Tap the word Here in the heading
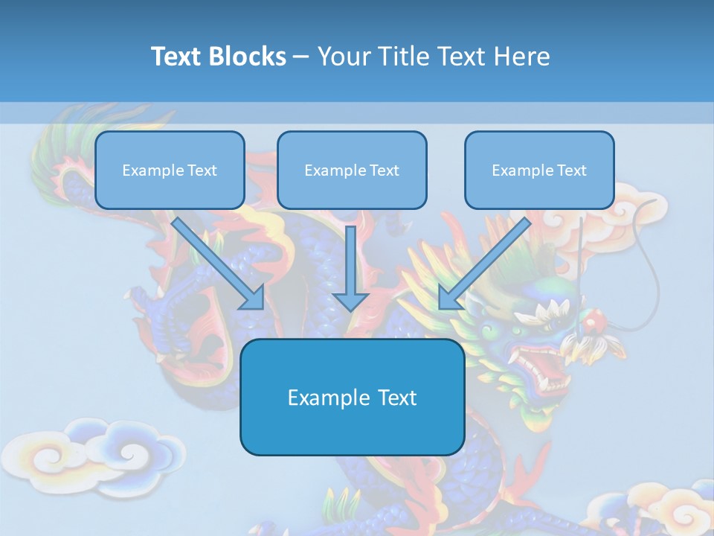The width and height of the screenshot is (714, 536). [521, 57]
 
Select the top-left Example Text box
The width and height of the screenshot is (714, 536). [170, 170]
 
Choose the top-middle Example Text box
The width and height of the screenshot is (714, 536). [352, 170]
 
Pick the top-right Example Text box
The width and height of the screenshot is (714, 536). [539, 170]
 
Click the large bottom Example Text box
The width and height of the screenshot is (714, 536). [352, 397]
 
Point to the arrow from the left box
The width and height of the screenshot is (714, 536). [219, 264]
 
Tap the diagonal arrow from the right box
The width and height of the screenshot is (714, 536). [483, 264]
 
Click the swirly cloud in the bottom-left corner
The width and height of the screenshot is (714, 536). [97, 454]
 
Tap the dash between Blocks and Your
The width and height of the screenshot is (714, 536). [302, 57]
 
